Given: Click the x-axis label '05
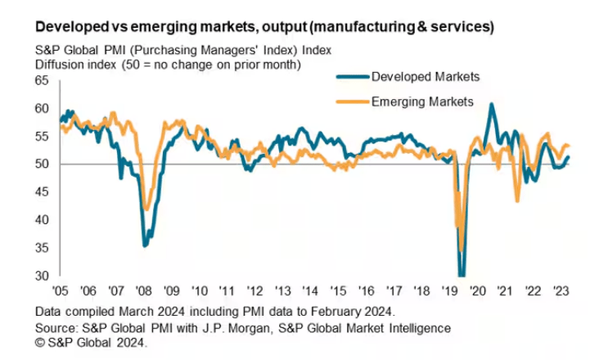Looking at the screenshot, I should [59, 290].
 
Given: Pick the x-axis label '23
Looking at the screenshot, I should [562, 290].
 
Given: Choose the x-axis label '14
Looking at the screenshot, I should [309, 290].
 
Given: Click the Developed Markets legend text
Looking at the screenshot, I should [425, 77].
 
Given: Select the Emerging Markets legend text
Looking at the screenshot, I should [422, 102].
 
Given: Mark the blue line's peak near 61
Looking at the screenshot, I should [491, 104].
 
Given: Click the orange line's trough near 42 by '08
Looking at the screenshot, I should [146, 209].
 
